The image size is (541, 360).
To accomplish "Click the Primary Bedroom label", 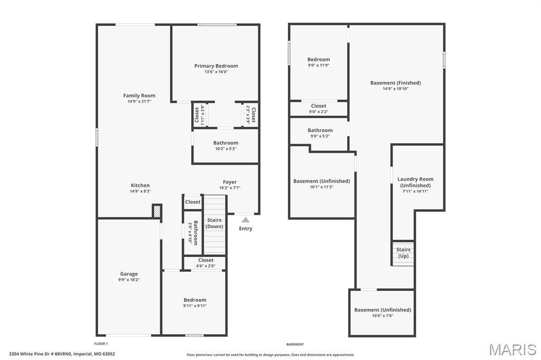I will pos(216,66).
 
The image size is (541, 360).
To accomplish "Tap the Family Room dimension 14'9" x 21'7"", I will pos(139,101).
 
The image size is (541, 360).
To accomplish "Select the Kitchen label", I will pos(140,185).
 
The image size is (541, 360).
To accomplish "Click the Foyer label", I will pos(230,182).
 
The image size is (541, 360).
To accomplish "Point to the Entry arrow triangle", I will pos(245,220).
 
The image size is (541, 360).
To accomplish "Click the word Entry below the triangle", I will pos(246,229).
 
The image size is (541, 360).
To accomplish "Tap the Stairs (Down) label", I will pos(214,223).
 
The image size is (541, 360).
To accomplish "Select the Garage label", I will pos(129,274).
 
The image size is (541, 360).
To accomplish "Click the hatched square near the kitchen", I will pos(157,211).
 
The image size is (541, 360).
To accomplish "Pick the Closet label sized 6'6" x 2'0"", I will pos(206,260).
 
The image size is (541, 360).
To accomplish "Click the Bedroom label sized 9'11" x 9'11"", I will pos(195,300).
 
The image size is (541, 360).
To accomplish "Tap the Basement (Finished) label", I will pos(395,83).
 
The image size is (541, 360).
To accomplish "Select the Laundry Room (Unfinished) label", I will pos(415,182).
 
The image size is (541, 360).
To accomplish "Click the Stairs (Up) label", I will pos(403,253).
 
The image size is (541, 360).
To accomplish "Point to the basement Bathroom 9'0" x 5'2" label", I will pos(320,130).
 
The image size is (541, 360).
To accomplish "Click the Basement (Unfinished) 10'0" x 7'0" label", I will pos(383,310).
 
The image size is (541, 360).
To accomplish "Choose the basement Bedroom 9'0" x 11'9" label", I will pos(319,60).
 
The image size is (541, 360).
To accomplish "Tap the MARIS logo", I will pos(512,349).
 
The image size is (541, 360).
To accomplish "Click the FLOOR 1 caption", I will pos(101,344).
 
